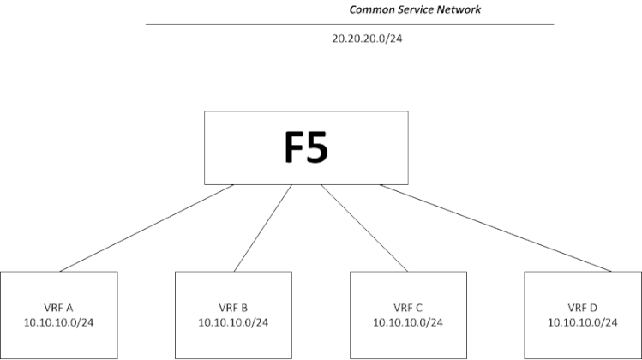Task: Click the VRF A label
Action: tap(58, 307)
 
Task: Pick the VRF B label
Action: tap(234, 307)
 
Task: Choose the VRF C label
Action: tap(408, 307)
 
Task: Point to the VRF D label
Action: tap(583, 307)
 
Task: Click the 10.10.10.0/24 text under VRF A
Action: tap(58, 322)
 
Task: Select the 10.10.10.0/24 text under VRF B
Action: tap(234, 322)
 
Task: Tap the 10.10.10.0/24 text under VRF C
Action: tap(408, 322)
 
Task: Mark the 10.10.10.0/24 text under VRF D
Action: tap(583, 322)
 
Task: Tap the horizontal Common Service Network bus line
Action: tap(214, 24)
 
